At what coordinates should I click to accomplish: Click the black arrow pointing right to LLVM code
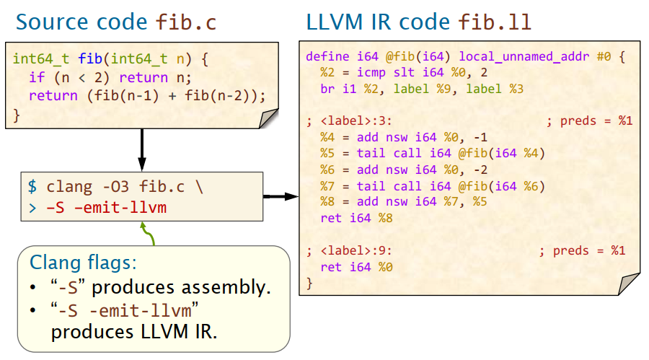pyautogui.click(x=281, y=196)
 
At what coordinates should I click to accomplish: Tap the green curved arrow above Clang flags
pyautogui.click(x=149, y=234)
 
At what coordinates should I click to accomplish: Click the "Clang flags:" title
pyautogui.click(x=82, y=261)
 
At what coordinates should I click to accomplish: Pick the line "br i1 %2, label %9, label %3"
pyautogui.click(x=422, y=89)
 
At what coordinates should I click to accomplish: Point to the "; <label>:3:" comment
pyautogui.click(x=349, y=120)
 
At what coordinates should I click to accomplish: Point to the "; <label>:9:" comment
pyautogui.click(x=349, y=251)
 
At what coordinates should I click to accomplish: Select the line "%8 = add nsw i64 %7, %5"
pyautogui.click(x=404, y=202)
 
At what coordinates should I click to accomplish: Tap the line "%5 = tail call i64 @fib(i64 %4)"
pyautogui.click(x=433, y=153)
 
